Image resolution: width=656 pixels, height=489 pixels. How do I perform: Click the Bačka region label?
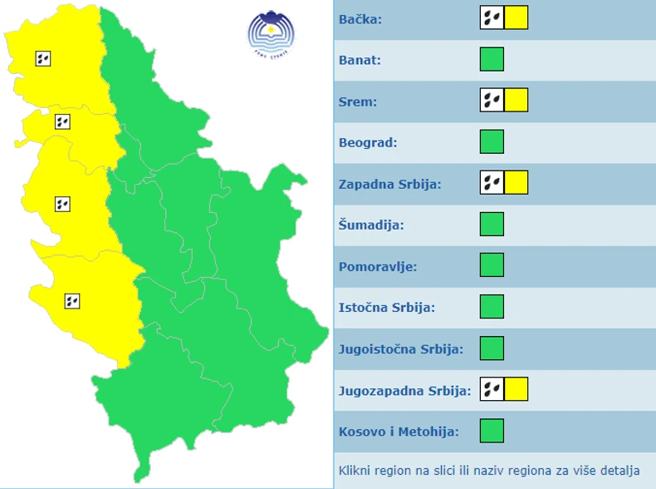click(360, 18)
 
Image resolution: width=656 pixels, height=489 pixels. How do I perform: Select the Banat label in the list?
click(360, 60)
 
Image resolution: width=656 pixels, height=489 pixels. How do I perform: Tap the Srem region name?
click(358, 101)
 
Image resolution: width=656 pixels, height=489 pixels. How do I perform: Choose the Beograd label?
click(368, 142)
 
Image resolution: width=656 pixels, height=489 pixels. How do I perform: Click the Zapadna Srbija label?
click(389, 184)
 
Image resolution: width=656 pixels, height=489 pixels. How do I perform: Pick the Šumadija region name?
click(370, 225)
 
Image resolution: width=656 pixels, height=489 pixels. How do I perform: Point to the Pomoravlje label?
click(378, 266)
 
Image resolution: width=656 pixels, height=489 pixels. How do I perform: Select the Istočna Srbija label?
click(387, 307)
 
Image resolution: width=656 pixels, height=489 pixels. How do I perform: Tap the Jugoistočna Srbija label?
click(401, 348)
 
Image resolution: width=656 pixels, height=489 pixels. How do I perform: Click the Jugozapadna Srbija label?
click(405, 390)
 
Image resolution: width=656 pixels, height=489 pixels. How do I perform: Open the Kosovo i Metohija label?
click(399, 432)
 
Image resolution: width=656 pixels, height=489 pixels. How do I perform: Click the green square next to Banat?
click(492, 60)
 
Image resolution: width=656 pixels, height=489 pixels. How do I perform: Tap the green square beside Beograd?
click(492, 142)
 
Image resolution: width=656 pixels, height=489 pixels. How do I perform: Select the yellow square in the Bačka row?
click(516, 17)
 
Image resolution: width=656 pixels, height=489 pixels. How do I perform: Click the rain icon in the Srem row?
click(492, 101)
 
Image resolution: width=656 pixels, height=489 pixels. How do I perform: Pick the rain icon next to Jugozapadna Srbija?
click(492, 389)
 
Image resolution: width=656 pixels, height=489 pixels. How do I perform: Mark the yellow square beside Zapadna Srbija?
click(516, 183)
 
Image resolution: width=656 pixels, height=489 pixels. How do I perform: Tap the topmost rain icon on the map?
click(43, 58)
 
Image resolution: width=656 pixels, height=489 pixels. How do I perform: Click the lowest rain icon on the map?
click(72, 301)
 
